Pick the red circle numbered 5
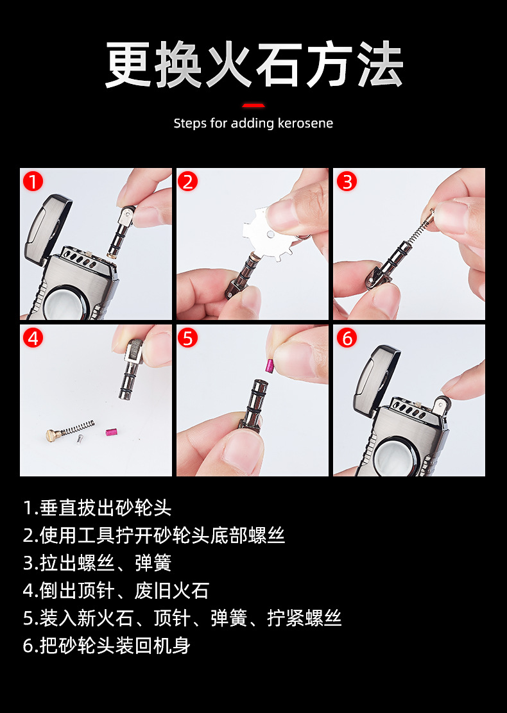pyautogui.click(x=188, y=338)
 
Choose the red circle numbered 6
pyautogui.click(x=347, y=338)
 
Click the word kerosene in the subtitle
pyautogui.click(x=305, y=123)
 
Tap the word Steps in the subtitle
pyautogui.click(x=190, y=124)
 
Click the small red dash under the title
pyautogui.click(x=253, y=106)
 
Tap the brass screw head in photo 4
pyautogui.click(x=53, y=435)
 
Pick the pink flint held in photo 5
pyautogui.click(x=270, y=365)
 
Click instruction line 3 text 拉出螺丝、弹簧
pyautogui.click(x=97, y=563)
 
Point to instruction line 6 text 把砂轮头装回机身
pyautogui.click(x=107, y=645)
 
